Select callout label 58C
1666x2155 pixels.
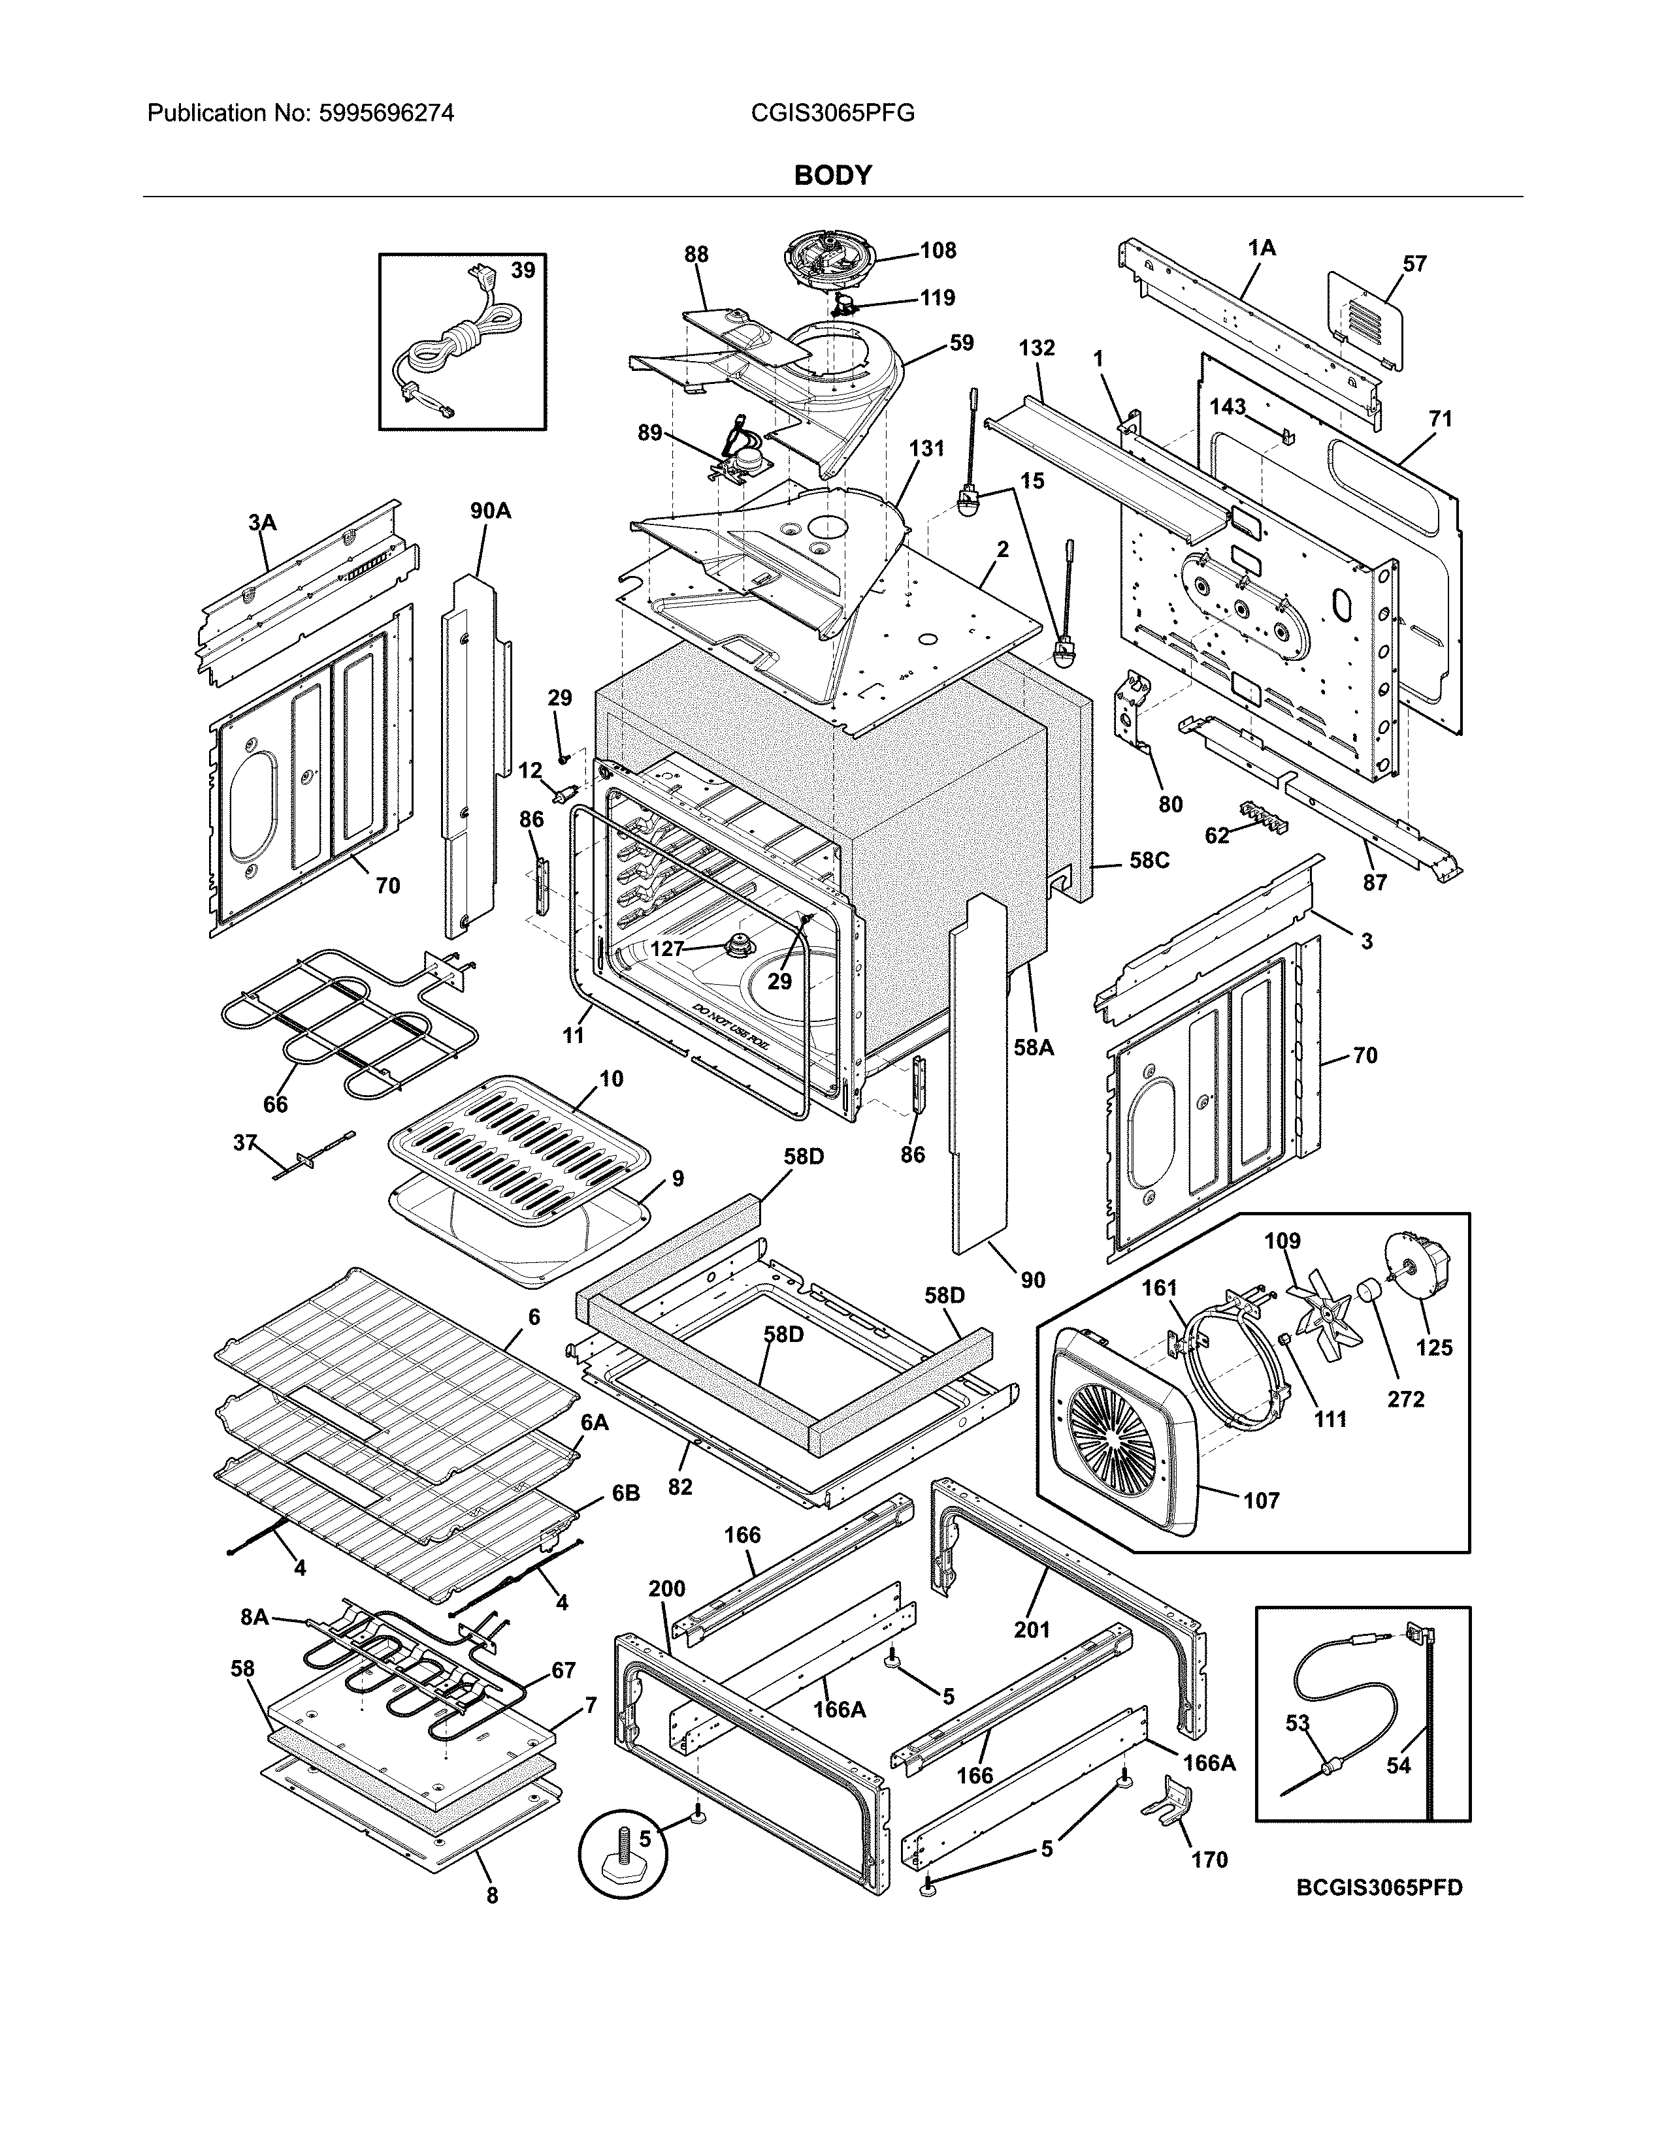pyautogui.click(x=1149, y=861)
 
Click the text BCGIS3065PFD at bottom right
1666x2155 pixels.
pyautogui.click(x=1379, y=1888)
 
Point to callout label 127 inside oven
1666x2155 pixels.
pyautogui.click(x=667, y=948)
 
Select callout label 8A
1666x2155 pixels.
pyautogui.click(x=253, y=1616)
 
